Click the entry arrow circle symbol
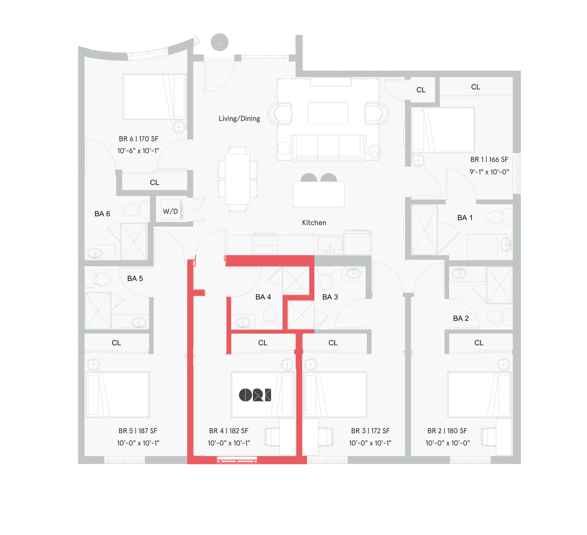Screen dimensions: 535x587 (x=220, y=42)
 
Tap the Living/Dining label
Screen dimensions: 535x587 (x=239, y=118)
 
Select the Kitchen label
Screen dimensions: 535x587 (x=314, y=223)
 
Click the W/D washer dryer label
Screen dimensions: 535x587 (x=170, y=211)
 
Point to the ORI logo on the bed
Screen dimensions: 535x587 (x=255, y=395)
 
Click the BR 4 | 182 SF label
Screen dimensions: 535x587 (x=228, y=431)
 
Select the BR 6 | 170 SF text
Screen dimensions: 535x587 (x=138, y=139)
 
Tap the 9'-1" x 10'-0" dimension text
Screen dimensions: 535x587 (x=489, y=172)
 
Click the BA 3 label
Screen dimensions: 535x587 (x=330, y=297)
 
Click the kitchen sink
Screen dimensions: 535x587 (x=330, y=244)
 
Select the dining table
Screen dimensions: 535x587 (x=238, y=179)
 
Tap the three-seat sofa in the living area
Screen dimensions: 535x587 (x=328, y=147)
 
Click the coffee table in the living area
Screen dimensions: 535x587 (x=328, y=113)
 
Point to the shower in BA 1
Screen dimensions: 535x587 (x=424, y=230)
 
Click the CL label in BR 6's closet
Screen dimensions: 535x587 (x=154, y=182)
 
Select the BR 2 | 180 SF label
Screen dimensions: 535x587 (x=447, y=431)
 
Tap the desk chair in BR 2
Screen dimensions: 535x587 (x=489, y=437)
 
